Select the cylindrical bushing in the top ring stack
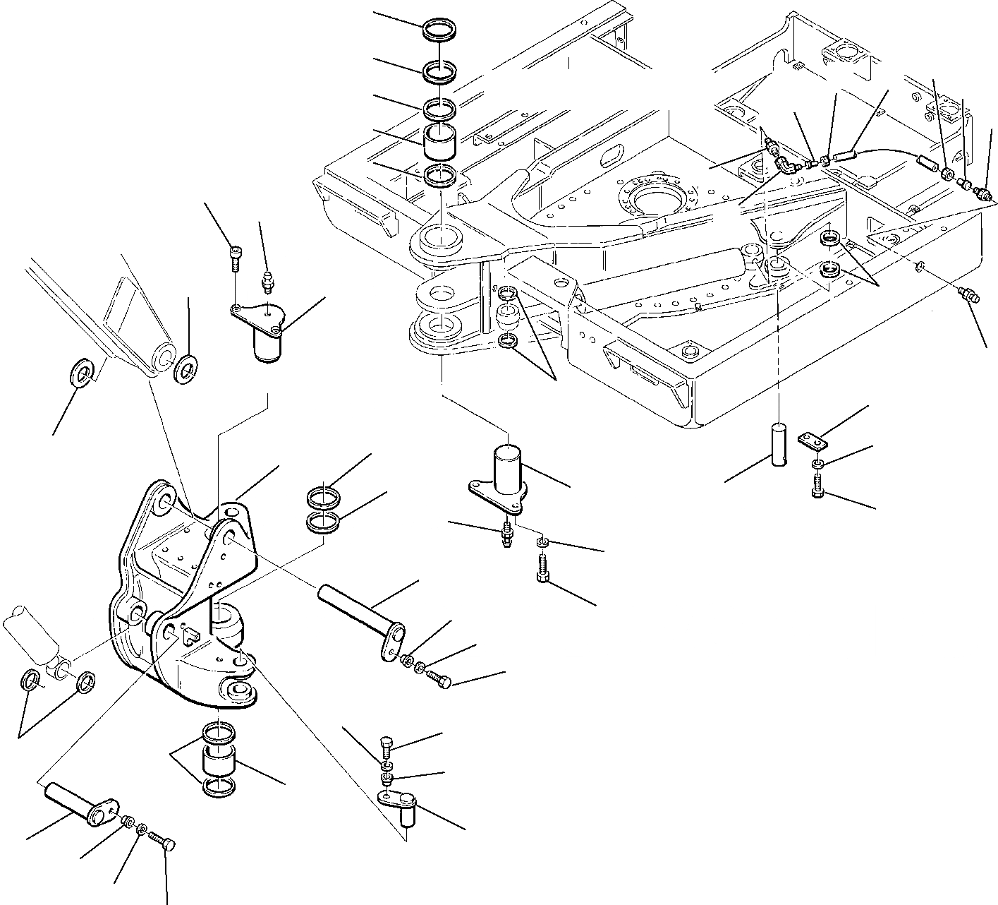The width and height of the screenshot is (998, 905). click(440, 141)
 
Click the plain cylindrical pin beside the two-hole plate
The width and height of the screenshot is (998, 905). click(779, 443)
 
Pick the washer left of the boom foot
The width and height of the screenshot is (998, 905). click(84, 372)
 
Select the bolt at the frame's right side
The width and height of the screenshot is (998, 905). click(969, 296)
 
